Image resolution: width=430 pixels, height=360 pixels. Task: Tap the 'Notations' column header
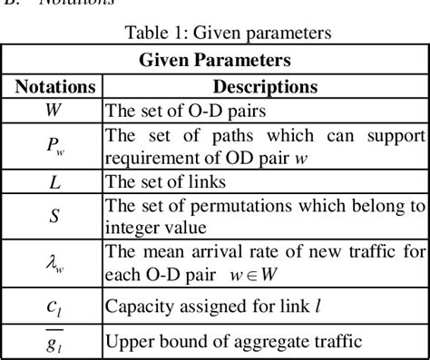[54, 87]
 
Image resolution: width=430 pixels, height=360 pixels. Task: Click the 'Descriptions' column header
[264, 87]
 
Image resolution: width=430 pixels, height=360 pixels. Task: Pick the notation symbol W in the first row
[54, 112]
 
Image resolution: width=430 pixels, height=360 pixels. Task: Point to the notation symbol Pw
[54, 148]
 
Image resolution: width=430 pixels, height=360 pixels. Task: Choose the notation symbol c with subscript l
[54, 306]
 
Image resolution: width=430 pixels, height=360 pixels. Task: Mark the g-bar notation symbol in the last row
[54, 341]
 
